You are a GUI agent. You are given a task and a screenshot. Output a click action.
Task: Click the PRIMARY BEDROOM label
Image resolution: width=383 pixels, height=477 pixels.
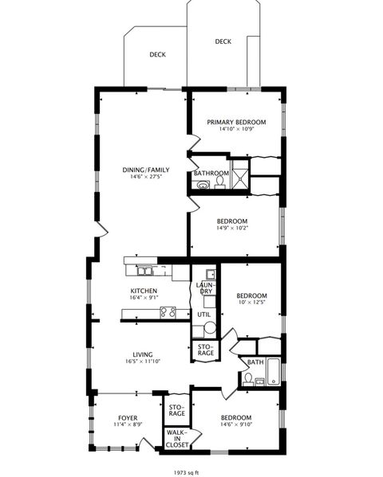pyautogui.click(x=236, y=123)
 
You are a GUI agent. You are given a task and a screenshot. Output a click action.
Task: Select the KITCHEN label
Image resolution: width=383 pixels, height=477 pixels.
pyautogui.click(x=144, y=291)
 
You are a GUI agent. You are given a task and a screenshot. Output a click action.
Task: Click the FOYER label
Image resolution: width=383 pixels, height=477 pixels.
pyautogui.click(x=128, y=417)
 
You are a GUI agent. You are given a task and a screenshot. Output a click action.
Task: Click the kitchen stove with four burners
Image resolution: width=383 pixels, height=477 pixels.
pyautogui.click(x=168, y=312)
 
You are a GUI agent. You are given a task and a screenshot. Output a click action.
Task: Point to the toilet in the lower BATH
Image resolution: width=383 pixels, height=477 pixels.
pyautogui.click(x=248, y=381)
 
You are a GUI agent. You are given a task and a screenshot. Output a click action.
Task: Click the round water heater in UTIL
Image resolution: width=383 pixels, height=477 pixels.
pyautogui.click(x=210, y=327)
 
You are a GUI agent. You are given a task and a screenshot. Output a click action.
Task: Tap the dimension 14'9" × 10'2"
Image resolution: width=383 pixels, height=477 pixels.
pyautogui.click(x=231, y=229)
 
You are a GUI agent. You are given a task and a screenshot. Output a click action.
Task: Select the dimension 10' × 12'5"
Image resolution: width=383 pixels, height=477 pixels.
pyautogui.click(x=251, y=302)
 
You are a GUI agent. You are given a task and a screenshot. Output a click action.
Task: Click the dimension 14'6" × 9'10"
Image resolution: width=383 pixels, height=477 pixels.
pyautogui.click(x=235, y=425)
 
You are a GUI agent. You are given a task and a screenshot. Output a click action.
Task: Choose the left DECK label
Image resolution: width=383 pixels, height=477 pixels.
pyautogui.click(x=157, y=55)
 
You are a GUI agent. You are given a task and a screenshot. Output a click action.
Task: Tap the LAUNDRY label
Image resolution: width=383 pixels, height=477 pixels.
pyautogui.click(x=206, y=287)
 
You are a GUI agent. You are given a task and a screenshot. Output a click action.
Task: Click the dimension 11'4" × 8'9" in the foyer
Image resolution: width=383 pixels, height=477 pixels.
pyautogui.click(x=128, y=425)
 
